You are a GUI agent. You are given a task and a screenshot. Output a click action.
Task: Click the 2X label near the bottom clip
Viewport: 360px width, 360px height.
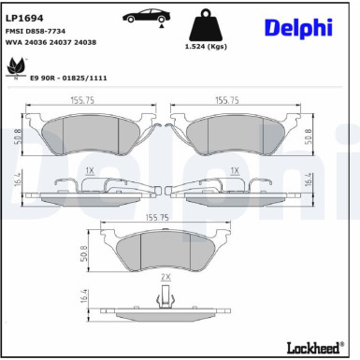coord(166,278)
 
